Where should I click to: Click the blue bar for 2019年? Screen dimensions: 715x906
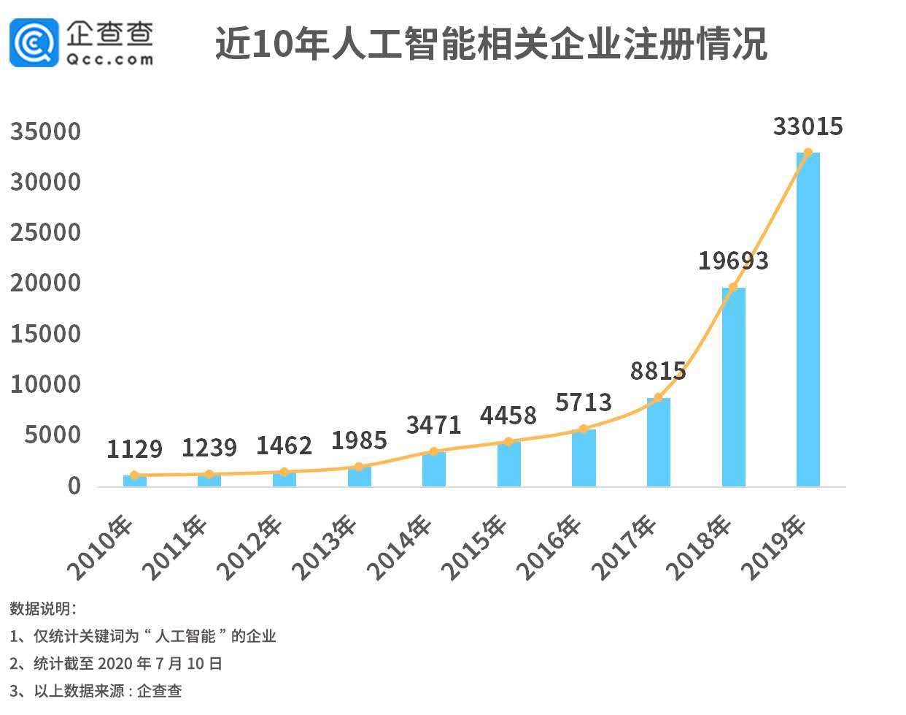pos(808,321)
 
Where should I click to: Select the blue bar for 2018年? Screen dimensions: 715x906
pos(733,387)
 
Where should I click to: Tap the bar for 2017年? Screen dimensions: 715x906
pos(658,443)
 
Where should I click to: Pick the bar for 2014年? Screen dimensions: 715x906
pos(434,470)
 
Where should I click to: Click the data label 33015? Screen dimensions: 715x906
pos(808,126)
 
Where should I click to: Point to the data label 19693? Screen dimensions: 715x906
pos(733,261)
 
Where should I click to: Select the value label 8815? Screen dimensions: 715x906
pos(658,371)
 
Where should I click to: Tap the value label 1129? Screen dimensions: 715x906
pos(134,449)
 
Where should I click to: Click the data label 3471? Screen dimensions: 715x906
pos(434,425)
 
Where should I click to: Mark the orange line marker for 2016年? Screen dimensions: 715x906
pos(583,429)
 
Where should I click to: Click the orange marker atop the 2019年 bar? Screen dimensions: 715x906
pos(808,153)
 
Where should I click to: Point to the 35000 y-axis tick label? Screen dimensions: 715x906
pos(45,132)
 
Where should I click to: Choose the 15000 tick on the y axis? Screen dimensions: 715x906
pos(45,334)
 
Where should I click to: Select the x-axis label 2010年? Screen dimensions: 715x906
pos(100,548)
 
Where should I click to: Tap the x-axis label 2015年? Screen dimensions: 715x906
pos(474,548)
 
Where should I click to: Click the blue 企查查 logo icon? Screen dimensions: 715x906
pos(34,43)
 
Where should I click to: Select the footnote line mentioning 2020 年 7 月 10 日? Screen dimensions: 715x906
pos(116,663)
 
